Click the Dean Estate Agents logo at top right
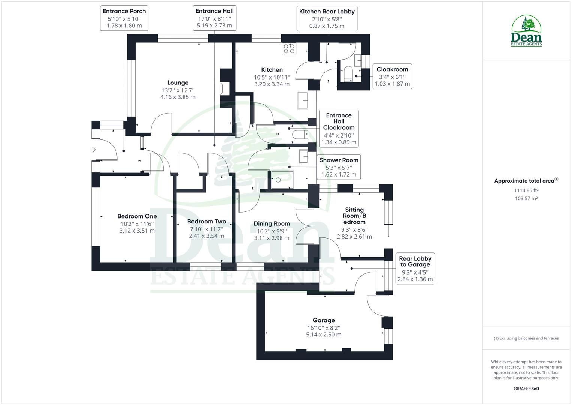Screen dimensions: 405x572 pos(526,31)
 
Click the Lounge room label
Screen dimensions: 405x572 pos(178,83)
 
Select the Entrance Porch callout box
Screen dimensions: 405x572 pos(124,18)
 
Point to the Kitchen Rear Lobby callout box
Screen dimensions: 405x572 pos(327,18)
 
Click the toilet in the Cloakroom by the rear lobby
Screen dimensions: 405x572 pos(348,73)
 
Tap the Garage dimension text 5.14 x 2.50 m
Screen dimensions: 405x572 pos(324,334)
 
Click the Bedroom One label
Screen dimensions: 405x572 pos(137,216)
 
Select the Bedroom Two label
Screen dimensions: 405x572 pos(206,222)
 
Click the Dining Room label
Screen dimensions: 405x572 pos(272,223)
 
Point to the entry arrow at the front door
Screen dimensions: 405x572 pos(93,150)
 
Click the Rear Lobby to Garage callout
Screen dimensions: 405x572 pos(415,268)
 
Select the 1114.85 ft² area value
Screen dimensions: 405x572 pos(526,190)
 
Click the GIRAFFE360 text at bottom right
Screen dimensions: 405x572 pos(526,388)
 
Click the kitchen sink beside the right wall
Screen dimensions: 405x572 pos(303,100)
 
